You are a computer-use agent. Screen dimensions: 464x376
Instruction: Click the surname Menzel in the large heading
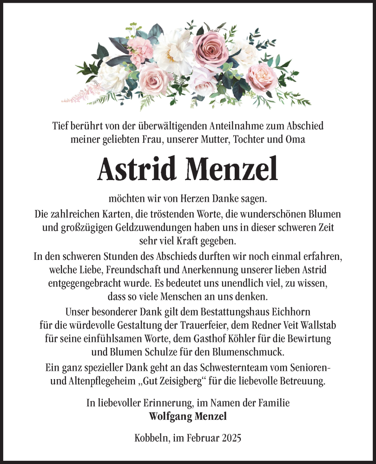point(231,169)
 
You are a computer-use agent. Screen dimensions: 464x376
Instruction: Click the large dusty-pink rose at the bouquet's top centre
point(211,46)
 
